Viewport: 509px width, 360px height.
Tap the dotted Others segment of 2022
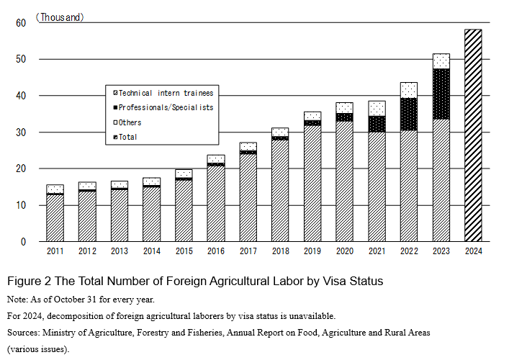click(409, 90)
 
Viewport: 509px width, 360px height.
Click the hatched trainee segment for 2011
click(55, 217)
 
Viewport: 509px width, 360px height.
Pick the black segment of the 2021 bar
click(377, 124)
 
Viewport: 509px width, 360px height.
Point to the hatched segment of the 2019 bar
click(312, 184)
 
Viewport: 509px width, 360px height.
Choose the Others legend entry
click(130, 122)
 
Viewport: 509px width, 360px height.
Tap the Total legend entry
click(127, 137)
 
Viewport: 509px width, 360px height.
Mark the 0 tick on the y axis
click(23, 242)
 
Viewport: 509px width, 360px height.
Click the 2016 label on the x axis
click(215, 251)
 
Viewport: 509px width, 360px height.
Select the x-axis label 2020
click(344, 251)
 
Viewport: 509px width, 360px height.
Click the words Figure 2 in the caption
click(29, 279)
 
